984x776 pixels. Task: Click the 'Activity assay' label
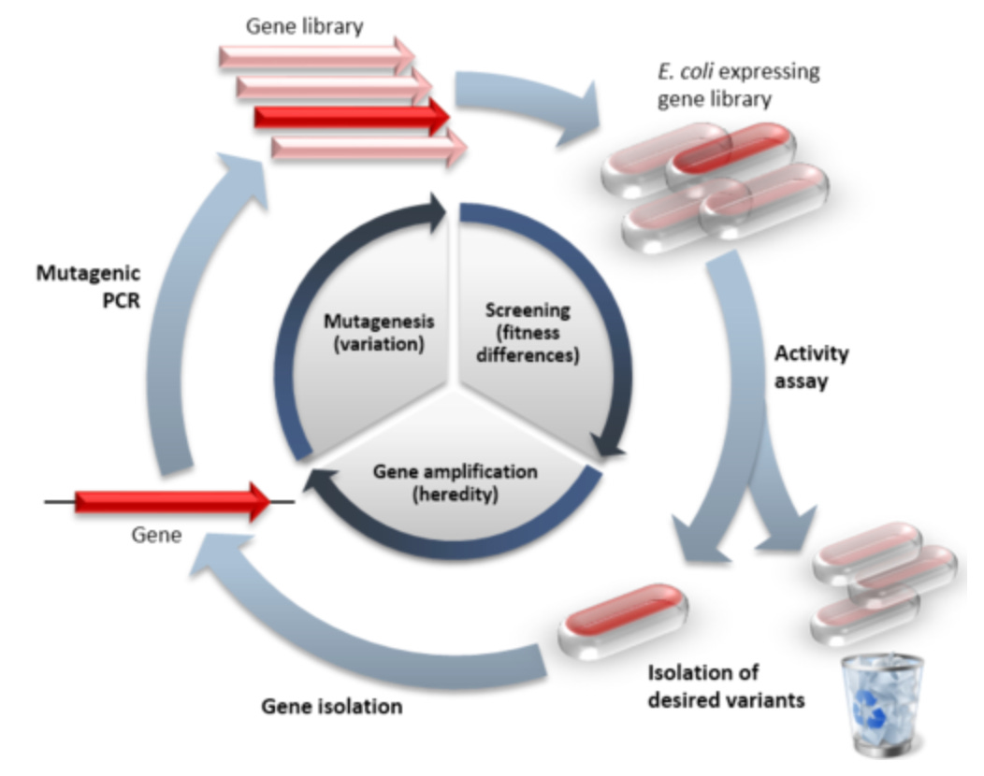pyautogui.click(x=813, y=366)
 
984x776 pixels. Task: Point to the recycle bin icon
pyautogui.click(x=882, y=703)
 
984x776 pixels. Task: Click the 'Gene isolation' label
pyautogui.click(x=331, y=705)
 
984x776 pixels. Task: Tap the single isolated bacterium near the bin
pyautogui.click(x=623, y=618)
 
